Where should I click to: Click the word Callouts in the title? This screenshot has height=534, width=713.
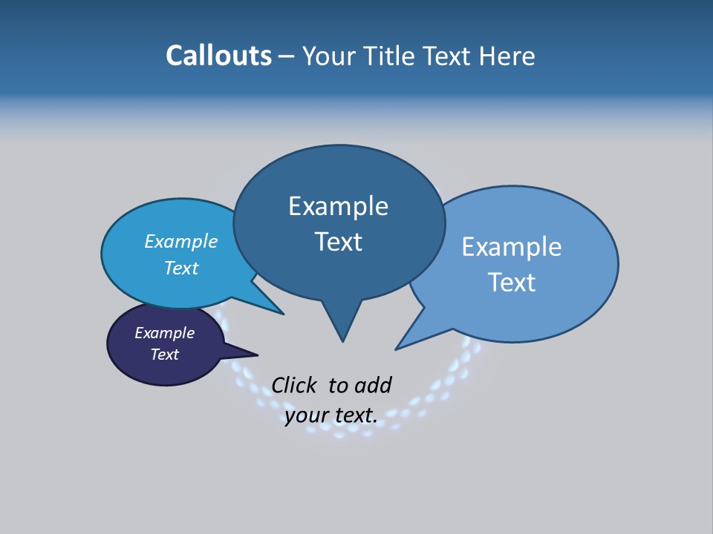tap(218, 56)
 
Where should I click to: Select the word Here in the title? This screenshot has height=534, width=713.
tap(508, 56)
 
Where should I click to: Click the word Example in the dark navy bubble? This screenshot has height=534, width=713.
tap(164, 333)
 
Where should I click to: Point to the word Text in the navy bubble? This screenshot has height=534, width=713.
tap(164, 355)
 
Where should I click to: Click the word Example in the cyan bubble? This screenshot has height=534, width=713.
tap(180, 242)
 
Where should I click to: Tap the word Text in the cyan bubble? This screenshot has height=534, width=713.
tap(181, 268)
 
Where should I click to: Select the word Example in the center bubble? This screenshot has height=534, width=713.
tap(338, 206)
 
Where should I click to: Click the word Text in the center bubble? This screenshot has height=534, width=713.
tap(338, 242)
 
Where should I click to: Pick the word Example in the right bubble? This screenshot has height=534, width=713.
tap(512, 247)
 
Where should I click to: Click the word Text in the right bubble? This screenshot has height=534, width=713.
tap(512, 283)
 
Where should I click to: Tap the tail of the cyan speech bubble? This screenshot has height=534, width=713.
tap(275, 309)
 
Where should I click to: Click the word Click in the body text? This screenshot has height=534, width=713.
tap(293, 385)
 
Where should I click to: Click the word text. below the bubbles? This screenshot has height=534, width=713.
tap(356, 416)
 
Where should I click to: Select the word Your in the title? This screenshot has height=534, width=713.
tap(328, 56)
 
